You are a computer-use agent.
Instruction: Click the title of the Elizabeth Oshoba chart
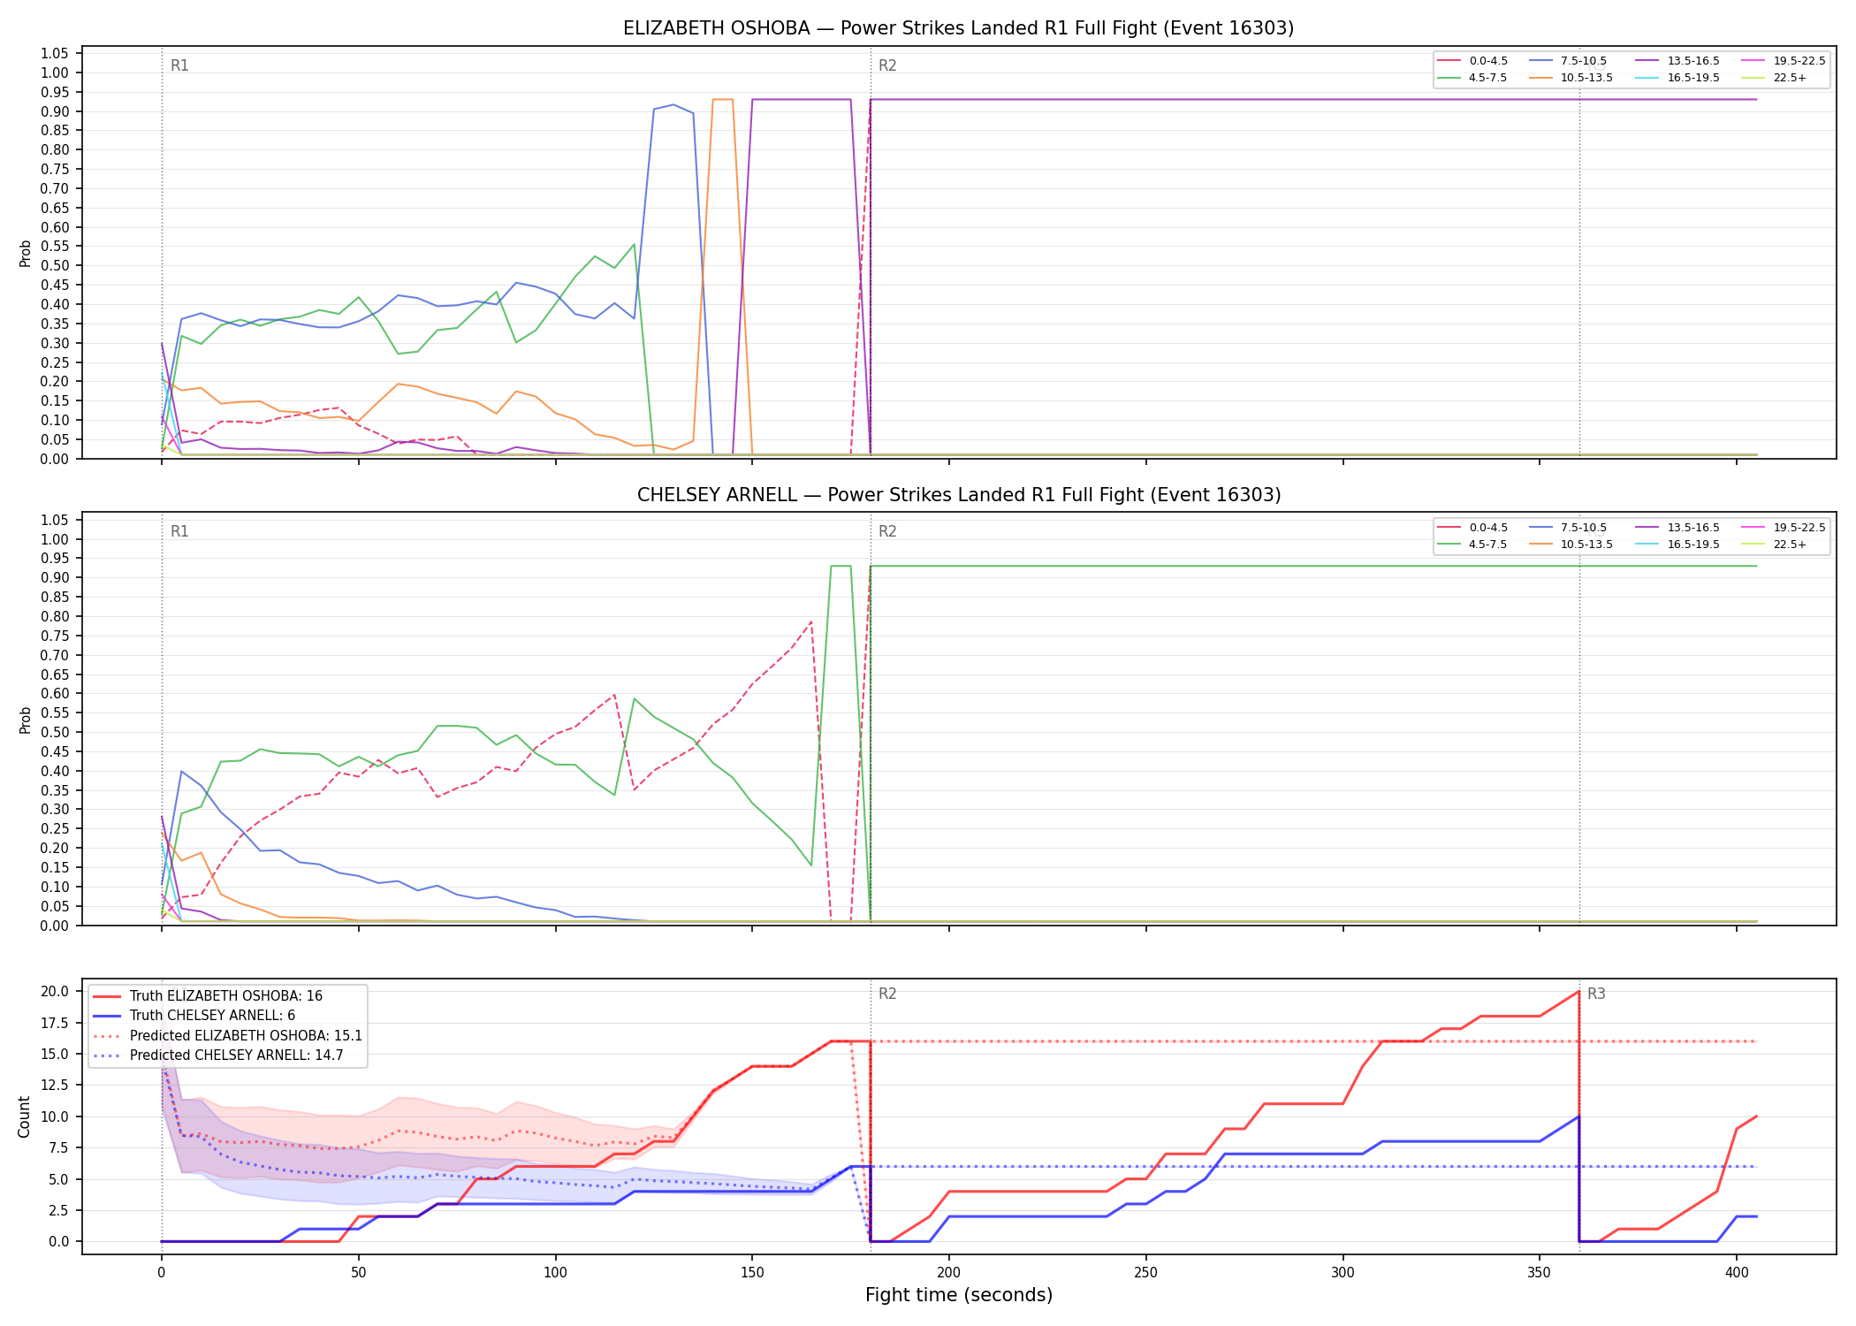tap(958, 28)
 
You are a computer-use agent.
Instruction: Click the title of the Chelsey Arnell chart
tap(959, 495)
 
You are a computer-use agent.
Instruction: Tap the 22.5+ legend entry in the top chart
tap(1774, 78)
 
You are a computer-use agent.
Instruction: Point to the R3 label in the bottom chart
tap(1596, 994)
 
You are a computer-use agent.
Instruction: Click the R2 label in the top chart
tap(887, 65)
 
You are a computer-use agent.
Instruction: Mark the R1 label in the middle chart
tap(179, 531)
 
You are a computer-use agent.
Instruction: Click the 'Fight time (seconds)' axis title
tap(959, 1295)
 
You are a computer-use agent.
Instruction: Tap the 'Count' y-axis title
tap(24, 1116)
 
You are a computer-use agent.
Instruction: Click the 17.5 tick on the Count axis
tap(56, 1023)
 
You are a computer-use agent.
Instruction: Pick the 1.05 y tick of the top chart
tap(55, 54)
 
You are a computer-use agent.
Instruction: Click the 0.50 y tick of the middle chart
tap(55, 732)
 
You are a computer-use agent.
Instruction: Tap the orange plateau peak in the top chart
tap(723, 100)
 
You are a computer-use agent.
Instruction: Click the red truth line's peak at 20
tap(1578, 992)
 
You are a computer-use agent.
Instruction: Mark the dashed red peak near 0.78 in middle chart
tap(811, 621)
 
